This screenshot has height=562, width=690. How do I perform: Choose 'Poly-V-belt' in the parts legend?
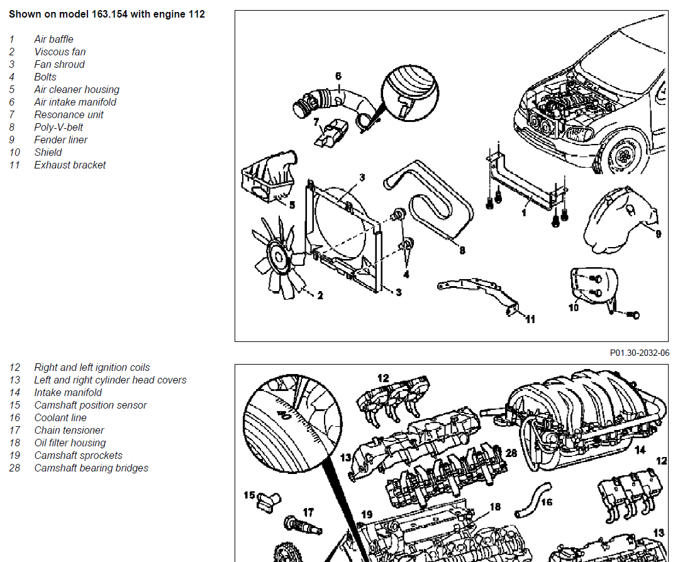58,127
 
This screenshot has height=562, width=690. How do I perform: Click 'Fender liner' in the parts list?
61,140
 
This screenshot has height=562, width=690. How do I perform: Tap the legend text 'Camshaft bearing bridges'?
91,468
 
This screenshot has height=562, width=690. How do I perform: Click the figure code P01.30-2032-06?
639,353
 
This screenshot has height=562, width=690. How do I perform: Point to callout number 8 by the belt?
462,250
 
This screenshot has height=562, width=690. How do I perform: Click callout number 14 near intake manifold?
640,450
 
